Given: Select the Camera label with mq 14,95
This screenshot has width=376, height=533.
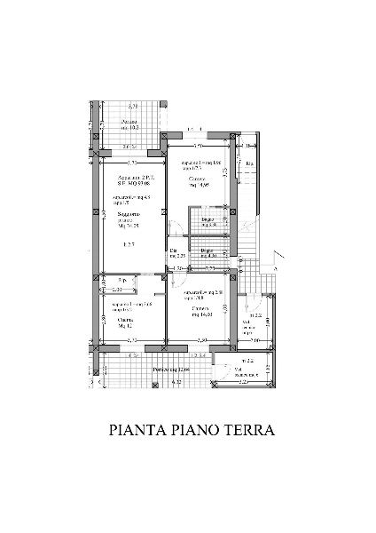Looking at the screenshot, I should click(198, 183).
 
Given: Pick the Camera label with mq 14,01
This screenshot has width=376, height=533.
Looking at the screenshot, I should click(197, 311).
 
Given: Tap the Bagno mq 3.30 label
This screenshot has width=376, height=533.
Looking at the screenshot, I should click(209, 222).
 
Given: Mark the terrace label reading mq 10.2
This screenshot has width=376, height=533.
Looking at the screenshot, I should click(129, 125).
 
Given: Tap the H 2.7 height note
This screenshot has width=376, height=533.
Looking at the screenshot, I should click(129, 244).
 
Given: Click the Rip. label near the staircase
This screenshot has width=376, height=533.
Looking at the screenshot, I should click(250, 164).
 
